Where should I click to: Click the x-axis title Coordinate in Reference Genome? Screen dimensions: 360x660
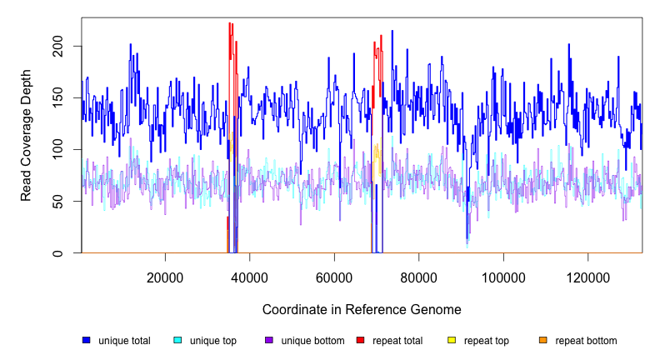(x=362, y=309)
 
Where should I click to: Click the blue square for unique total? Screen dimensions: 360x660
(x=86, y=340)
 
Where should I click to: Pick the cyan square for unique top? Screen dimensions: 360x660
(x=177, y=340)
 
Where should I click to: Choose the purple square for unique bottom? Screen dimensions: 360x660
(x=269, y=340)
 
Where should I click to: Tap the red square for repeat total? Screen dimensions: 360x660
(x=361, y=340)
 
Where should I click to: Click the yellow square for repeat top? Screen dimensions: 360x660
(x=452, y=340)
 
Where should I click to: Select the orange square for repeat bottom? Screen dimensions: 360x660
(x=543, y=340)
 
